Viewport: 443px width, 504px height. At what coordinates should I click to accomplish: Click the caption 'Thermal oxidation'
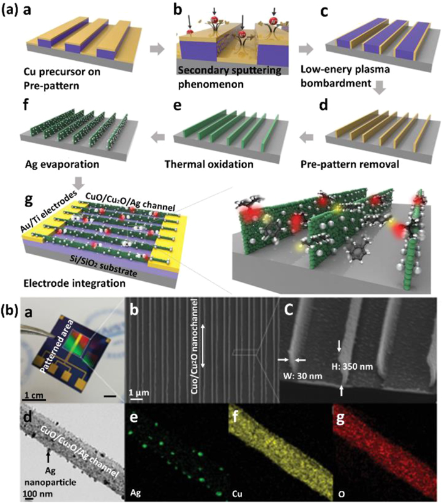click(209, 164)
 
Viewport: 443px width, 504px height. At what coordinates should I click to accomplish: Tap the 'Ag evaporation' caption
click(62, 164)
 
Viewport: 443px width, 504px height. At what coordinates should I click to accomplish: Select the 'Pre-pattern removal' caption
click(350, 164)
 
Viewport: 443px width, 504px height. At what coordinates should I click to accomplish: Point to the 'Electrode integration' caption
click(74, 283)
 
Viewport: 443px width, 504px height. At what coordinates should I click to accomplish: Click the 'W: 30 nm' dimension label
click(303, 375)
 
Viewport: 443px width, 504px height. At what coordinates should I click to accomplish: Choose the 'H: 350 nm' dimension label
click(353, 366)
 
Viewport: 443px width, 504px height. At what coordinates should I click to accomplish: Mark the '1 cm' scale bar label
click(33, 395)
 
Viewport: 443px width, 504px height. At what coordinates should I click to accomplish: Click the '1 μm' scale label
click(139, 393)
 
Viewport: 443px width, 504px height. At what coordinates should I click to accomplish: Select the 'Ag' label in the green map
click(136, 493)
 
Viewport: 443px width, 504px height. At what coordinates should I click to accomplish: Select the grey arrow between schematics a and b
click(157, 50)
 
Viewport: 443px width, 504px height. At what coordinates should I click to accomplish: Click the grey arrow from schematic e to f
click(158, 137)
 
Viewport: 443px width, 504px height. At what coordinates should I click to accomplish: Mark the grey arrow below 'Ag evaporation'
click(78, 183)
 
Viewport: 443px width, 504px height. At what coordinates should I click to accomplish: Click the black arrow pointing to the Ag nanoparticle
click(48, 457)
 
